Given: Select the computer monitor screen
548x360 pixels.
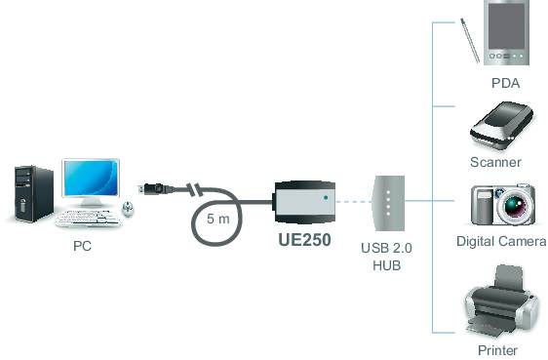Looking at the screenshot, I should click(91, 179).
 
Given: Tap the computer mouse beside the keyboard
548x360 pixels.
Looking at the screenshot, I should click(129, 208).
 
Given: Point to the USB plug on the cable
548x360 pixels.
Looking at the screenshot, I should click(152, 187).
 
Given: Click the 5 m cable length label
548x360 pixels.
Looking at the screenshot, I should click(218, 219).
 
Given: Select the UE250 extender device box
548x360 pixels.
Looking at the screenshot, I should click(305, 201).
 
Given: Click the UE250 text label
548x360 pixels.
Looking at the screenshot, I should click(306, 241).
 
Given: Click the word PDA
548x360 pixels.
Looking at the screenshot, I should click(505, 84).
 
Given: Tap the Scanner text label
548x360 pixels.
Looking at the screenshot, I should click(495, 162).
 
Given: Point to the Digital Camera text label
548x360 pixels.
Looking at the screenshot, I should click(501, 241).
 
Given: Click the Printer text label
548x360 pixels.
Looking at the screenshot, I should click(497, 350).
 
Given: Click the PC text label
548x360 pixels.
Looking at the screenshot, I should click(82, 247).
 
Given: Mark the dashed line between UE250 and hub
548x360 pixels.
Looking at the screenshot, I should click(354, 202).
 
